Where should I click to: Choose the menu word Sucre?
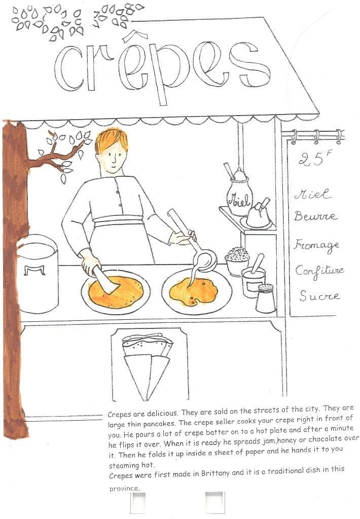point(319,295)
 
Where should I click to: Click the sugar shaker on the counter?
point(266,298)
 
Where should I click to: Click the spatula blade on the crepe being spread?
point(105,281)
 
